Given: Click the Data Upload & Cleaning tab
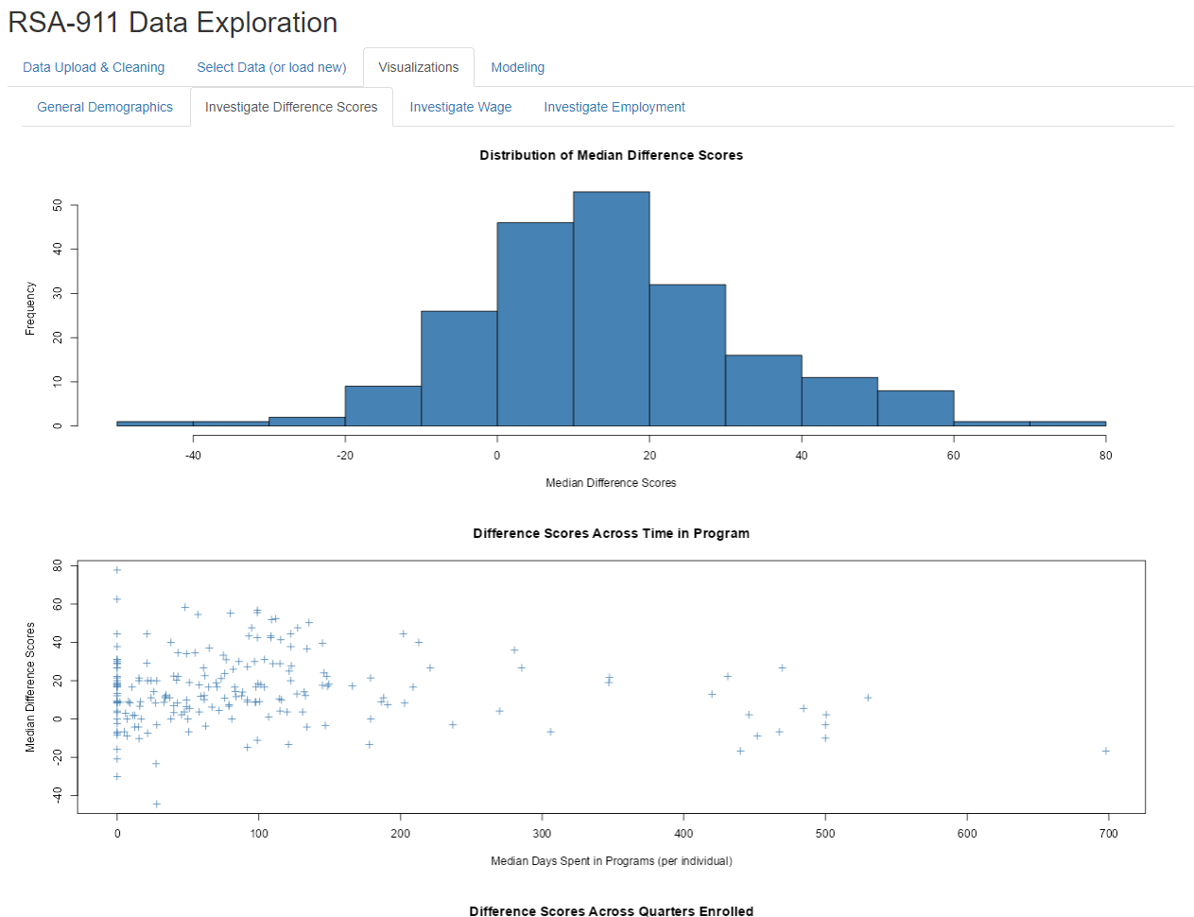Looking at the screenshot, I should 94,67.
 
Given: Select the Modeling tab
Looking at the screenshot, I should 517,67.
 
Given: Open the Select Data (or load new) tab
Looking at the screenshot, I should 271,67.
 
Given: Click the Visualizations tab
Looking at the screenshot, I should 418,67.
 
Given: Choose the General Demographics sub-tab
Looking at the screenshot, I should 105,107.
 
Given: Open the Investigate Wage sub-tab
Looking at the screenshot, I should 460,107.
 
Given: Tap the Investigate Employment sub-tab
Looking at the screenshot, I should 614,107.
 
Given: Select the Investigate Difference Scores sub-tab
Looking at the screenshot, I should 291,107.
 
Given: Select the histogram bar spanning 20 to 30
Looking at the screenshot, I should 687,355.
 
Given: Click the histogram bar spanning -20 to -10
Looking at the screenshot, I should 383,406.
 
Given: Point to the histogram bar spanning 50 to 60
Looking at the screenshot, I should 915,408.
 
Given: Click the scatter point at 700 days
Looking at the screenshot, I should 1105,751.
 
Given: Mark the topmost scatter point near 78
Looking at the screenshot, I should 117,570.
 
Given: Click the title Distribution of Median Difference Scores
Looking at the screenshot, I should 611,155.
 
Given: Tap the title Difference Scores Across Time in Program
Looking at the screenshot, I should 611,533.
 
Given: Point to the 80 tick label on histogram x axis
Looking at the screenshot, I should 1105,456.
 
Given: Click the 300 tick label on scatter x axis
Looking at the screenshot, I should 542,834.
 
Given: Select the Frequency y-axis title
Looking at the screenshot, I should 30,308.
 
